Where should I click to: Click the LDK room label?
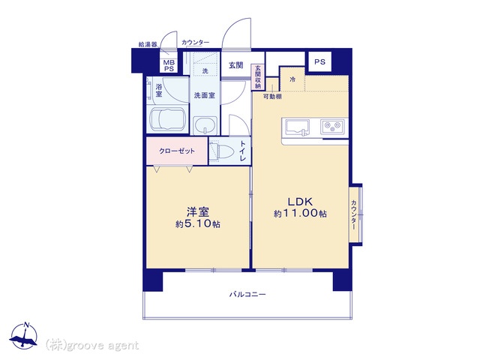pos(300,202)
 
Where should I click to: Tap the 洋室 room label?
pos(198,211)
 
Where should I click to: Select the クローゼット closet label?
pos(177,151)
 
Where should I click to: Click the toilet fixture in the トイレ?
pos(221,150)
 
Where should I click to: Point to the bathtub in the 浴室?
pos(167,120)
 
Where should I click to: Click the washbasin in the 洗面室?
pos(205,125)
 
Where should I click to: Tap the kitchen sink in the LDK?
pos(297,127)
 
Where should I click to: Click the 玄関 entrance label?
pos(236,65)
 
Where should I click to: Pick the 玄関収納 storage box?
pos(258,76)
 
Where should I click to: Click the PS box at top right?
pos(319,61)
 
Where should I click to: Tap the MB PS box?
pos(169,66)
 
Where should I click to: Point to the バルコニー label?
pos(247,295)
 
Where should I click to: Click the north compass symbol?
pos(23,336)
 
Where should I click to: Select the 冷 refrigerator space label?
pos(292,79)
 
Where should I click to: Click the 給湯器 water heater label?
pos(148,44)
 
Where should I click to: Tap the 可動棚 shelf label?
pos(272,97)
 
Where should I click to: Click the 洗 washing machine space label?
pos(205,70)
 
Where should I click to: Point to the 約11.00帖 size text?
pos(300,213)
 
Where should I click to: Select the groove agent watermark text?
pos(92,346)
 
